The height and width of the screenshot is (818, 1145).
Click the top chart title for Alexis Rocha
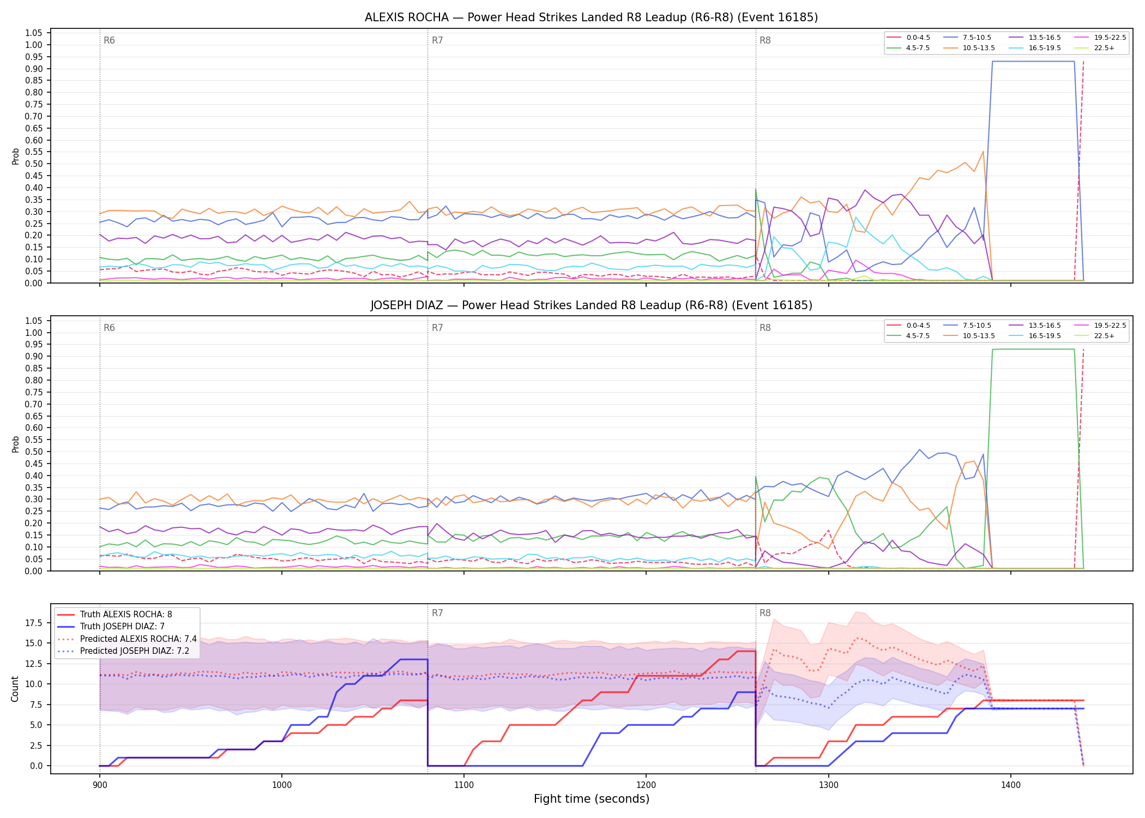591,17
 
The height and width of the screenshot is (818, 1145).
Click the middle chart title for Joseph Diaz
591,305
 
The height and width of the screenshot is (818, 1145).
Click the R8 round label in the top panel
765,40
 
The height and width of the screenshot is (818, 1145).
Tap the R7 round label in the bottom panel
437,613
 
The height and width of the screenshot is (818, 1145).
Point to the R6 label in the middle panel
109,328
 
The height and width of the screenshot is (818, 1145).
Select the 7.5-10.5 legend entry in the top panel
967,38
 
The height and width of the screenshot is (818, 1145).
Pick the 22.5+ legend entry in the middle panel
1094,336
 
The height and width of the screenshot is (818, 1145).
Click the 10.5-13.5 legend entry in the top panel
969,48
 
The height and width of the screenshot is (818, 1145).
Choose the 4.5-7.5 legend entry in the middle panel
908,336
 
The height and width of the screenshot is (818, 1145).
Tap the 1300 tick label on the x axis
828,785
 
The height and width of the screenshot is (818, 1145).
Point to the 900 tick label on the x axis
99,785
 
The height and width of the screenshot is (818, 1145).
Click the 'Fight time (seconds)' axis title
592,799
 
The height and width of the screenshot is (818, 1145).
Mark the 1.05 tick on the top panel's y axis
34,33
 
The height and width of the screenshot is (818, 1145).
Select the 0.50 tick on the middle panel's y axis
34,452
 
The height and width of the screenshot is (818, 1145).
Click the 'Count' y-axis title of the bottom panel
15,689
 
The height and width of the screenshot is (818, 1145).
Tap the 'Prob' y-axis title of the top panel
15,157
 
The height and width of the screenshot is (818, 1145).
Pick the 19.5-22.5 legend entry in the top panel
1100,38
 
